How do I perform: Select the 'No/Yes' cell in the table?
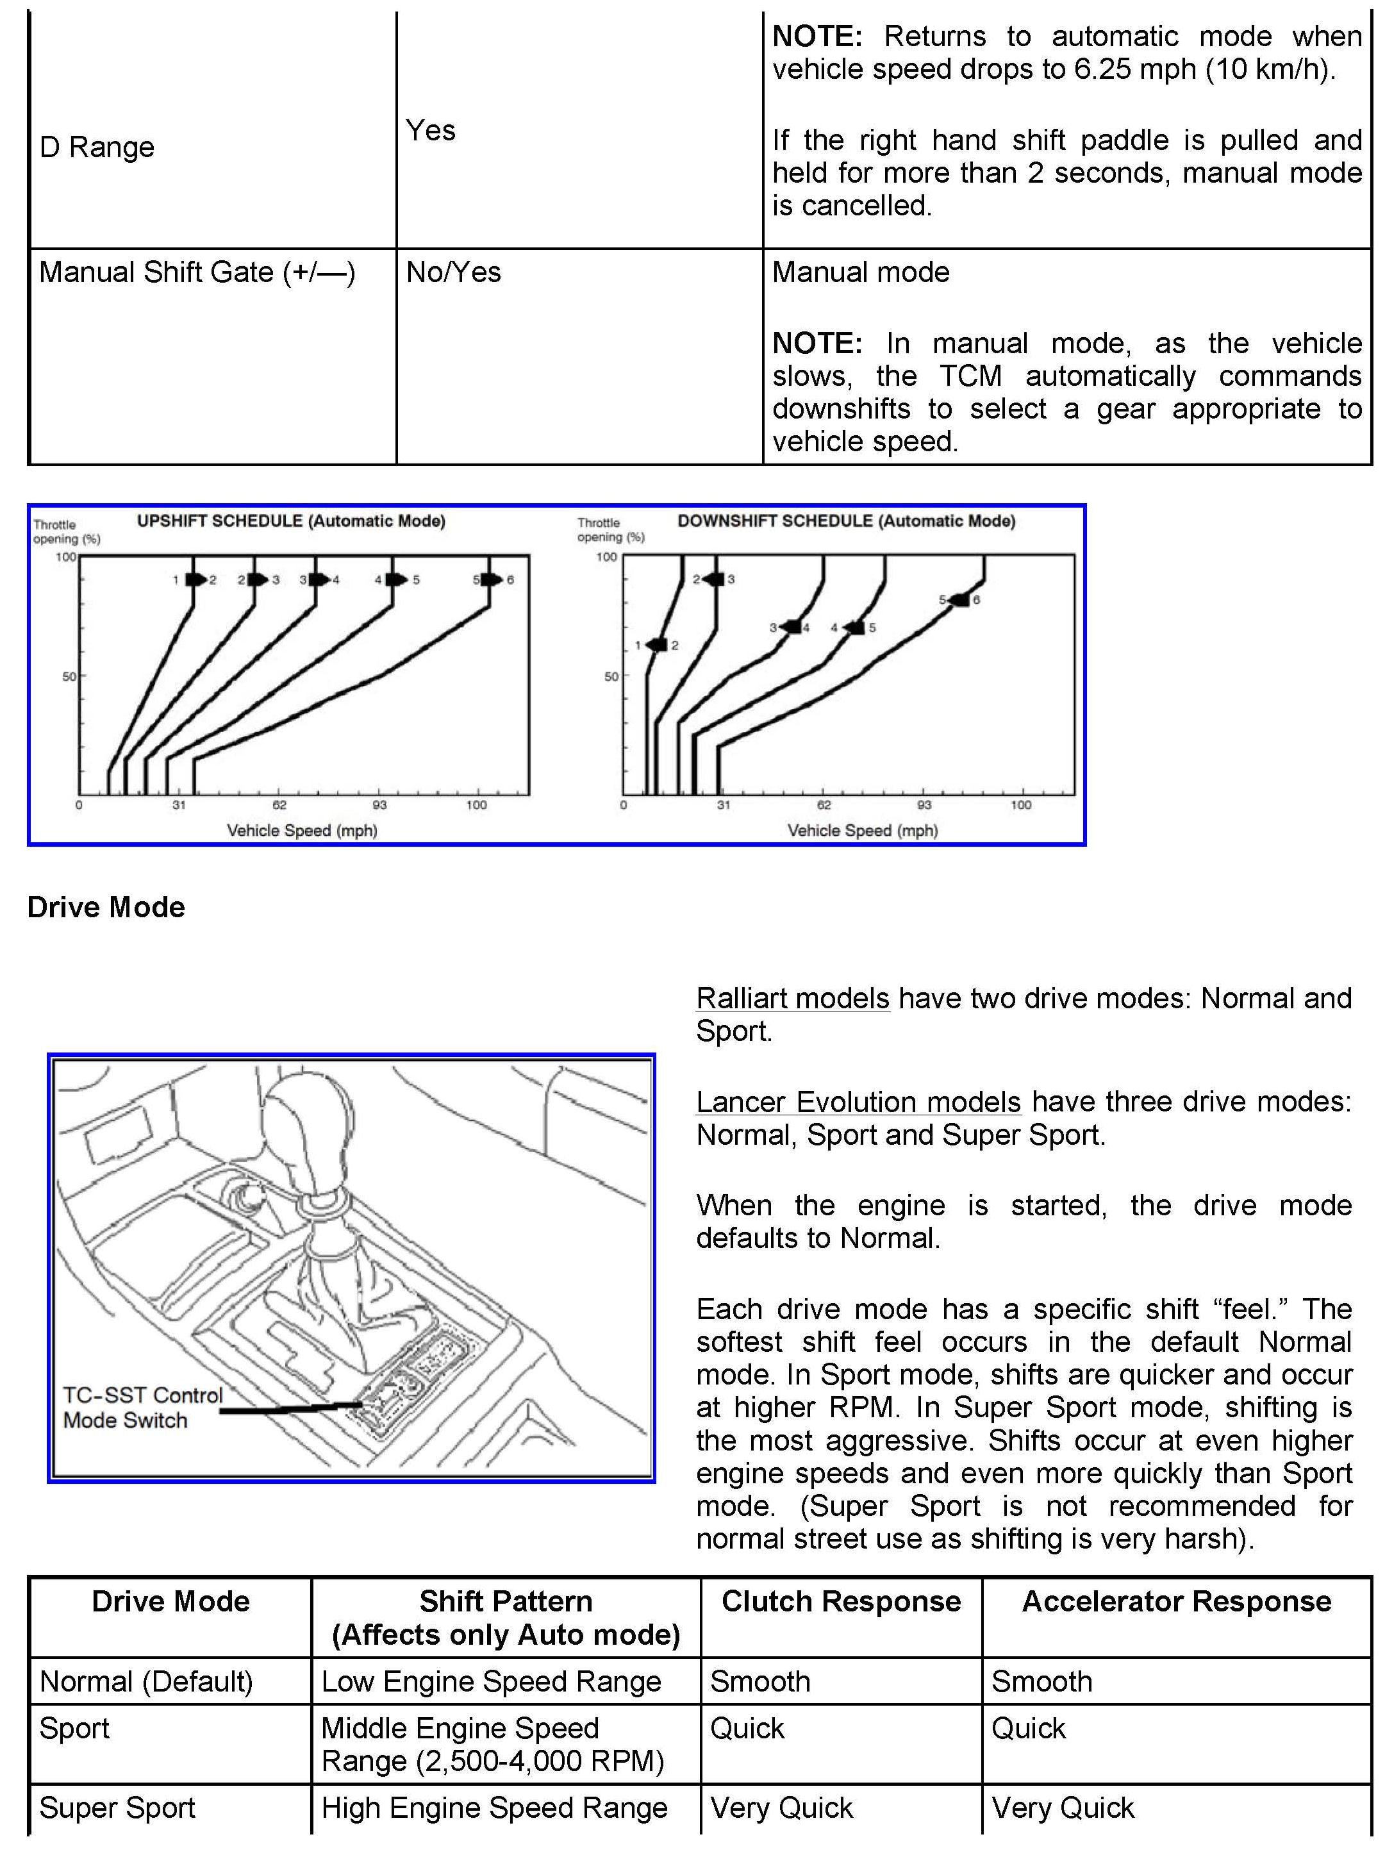click(454, 272)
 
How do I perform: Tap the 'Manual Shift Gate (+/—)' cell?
click(197, 272)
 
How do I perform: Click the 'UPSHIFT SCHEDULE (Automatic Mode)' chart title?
click(291, 520)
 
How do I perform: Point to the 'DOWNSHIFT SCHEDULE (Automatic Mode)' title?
click(846, 520)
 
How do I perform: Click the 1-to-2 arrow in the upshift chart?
click(195, 579)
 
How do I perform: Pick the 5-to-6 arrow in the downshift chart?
click(958, 599)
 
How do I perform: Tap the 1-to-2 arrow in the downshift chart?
click(658, 645)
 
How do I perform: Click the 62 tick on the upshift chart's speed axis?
click(279, 804)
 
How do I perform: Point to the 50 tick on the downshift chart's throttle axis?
click(611, 676)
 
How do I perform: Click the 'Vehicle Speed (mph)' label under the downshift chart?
click(862, 830)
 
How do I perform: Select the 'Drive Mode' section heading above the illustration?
click(106, 907)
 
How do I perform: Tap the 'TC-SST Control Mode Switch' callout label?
click(142, 1408)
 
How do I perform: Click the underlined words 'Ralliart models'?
click(792, 999)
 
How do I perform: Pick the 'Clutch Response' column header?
click(841, 1601)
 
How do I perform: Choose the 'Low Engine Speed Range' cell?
click(492, 1681)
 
